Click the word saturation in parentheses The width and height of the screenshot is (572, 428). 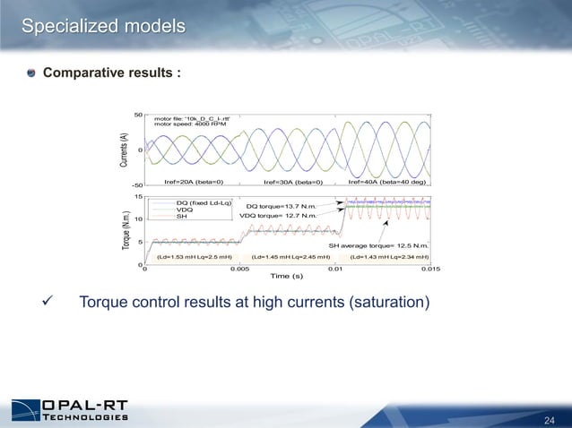[x=386, y=303]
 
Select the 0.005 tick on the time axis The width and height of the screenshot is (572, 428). [x=239, y=268]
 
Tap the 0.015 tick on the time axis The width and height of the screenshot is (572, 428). [x=430, y=268]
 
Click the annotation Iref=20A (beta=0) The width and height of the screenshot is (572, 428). [x=193, y=182]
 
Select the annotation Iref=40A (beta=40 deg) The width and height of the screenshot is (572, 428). [x=387, y=182]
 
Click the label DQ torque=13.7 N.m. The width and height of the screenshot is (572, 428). [x=282, y=207]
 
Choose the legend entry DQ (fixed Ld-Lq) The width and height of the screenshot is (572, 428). [x=204, y=203]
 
